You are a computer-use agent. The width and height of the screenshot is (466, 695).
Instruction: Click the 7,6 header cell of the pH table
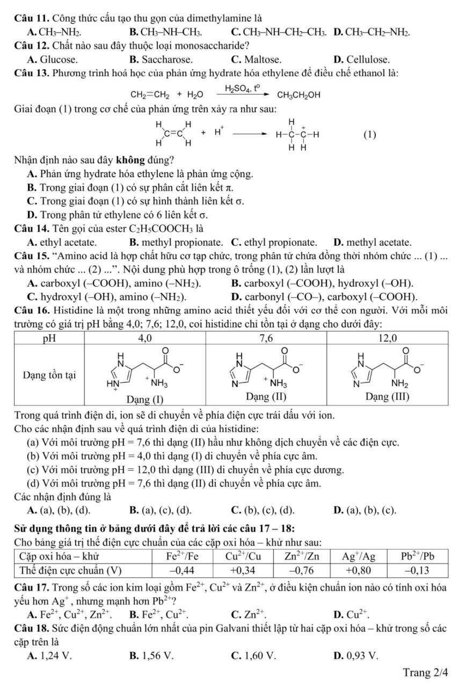(x=266, y=338)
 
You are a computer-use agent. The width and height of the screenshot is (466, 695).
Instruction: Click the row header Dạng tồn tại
(x=51, y=375)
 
